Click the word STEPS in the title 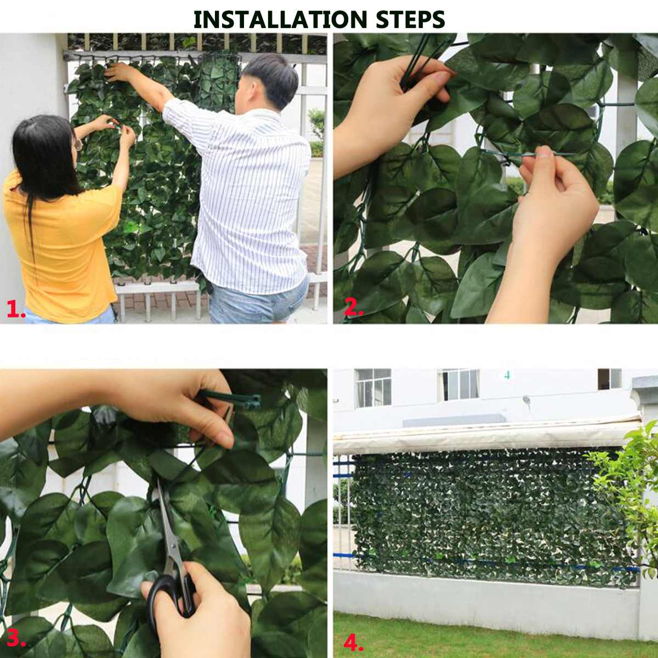[x=410, y=20]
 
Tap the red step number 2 [x=353, y=309]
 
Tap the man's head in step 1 [x=271, y=80]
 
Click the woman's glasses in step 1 [x=80, y=145]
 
